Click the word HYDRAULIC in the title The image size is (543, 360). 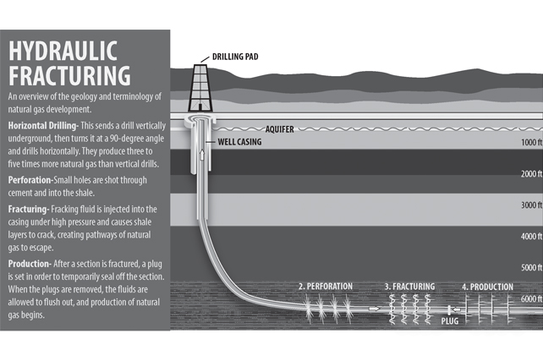tap(63, 51)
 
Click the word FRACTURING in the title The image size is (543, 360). tap(69, 75)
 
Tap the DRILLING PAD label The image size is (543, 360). tap(235, 57)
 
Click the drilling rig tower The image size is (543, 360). tap(200, 88)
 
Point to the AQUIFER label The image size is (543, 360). tap(279, 129)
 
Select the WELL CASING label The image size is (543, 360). tap(239, 142)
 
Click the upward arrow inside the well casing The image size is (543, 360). tap(202, 155)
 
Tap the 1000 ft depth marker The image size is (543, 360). tap(531, 142)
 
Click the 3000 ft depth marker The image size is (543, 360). tap(531, 205)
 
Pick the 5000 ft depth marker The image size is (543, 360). tap(531, 268)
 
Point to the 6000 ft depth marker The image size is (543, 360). tap(531, 298)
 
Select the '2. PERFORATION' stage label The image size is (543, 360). tap(326, 286)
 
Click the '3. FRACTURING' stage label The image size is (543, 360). tap(409, 286)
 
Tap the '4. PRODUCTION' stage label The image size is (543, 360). tap(487, 287)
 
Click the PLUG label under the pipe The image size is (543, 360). tap(450, 321)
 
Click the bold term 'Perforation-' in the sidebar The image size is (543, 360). tap(30, 180)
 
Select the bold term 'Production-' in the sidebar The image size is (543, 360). tap(30, 264)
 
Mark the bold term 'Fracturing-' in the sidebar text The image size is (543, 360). tap(29, 210)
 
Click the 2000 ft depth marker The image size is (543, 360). tap(531, 174)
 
